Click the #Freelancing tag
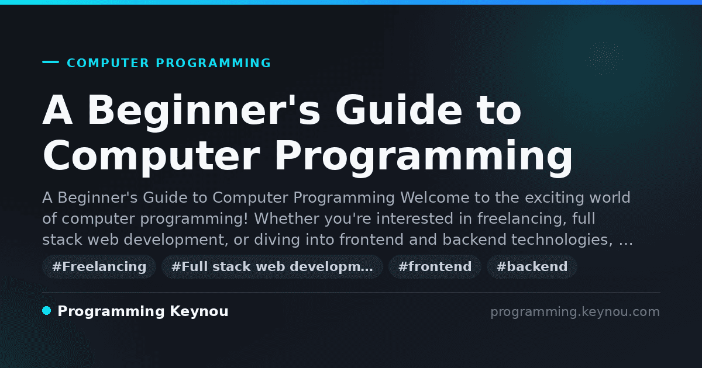pyautogui.click(x=99, y=266)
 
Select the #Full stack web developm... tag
pyautogui.click(x=272, y=266)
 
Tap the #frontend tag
pyautogui.click(x=435, y=266)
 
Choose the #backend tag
pyautogui.click(x=532, y=266)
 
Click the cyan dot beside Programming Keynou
pyautogui.click(x=47, y=311)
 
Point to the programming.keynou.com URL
pyautogui.click(x=575, y=312)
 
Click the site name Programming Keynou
pyautogui.click(x=143, y=311)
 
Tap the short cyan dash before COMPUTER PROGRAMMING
pyautogui.click(x=50, y=62)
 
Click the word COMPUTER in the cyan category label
pyautogui.click(x=108, y=63)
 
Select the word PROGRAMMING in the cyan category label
pyautogui.click(x=214, y=63)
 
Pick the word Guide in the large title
pyautogui.click(x=398, y=110)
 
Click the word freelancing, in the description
pyautogui.click(x=522, y=218)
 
